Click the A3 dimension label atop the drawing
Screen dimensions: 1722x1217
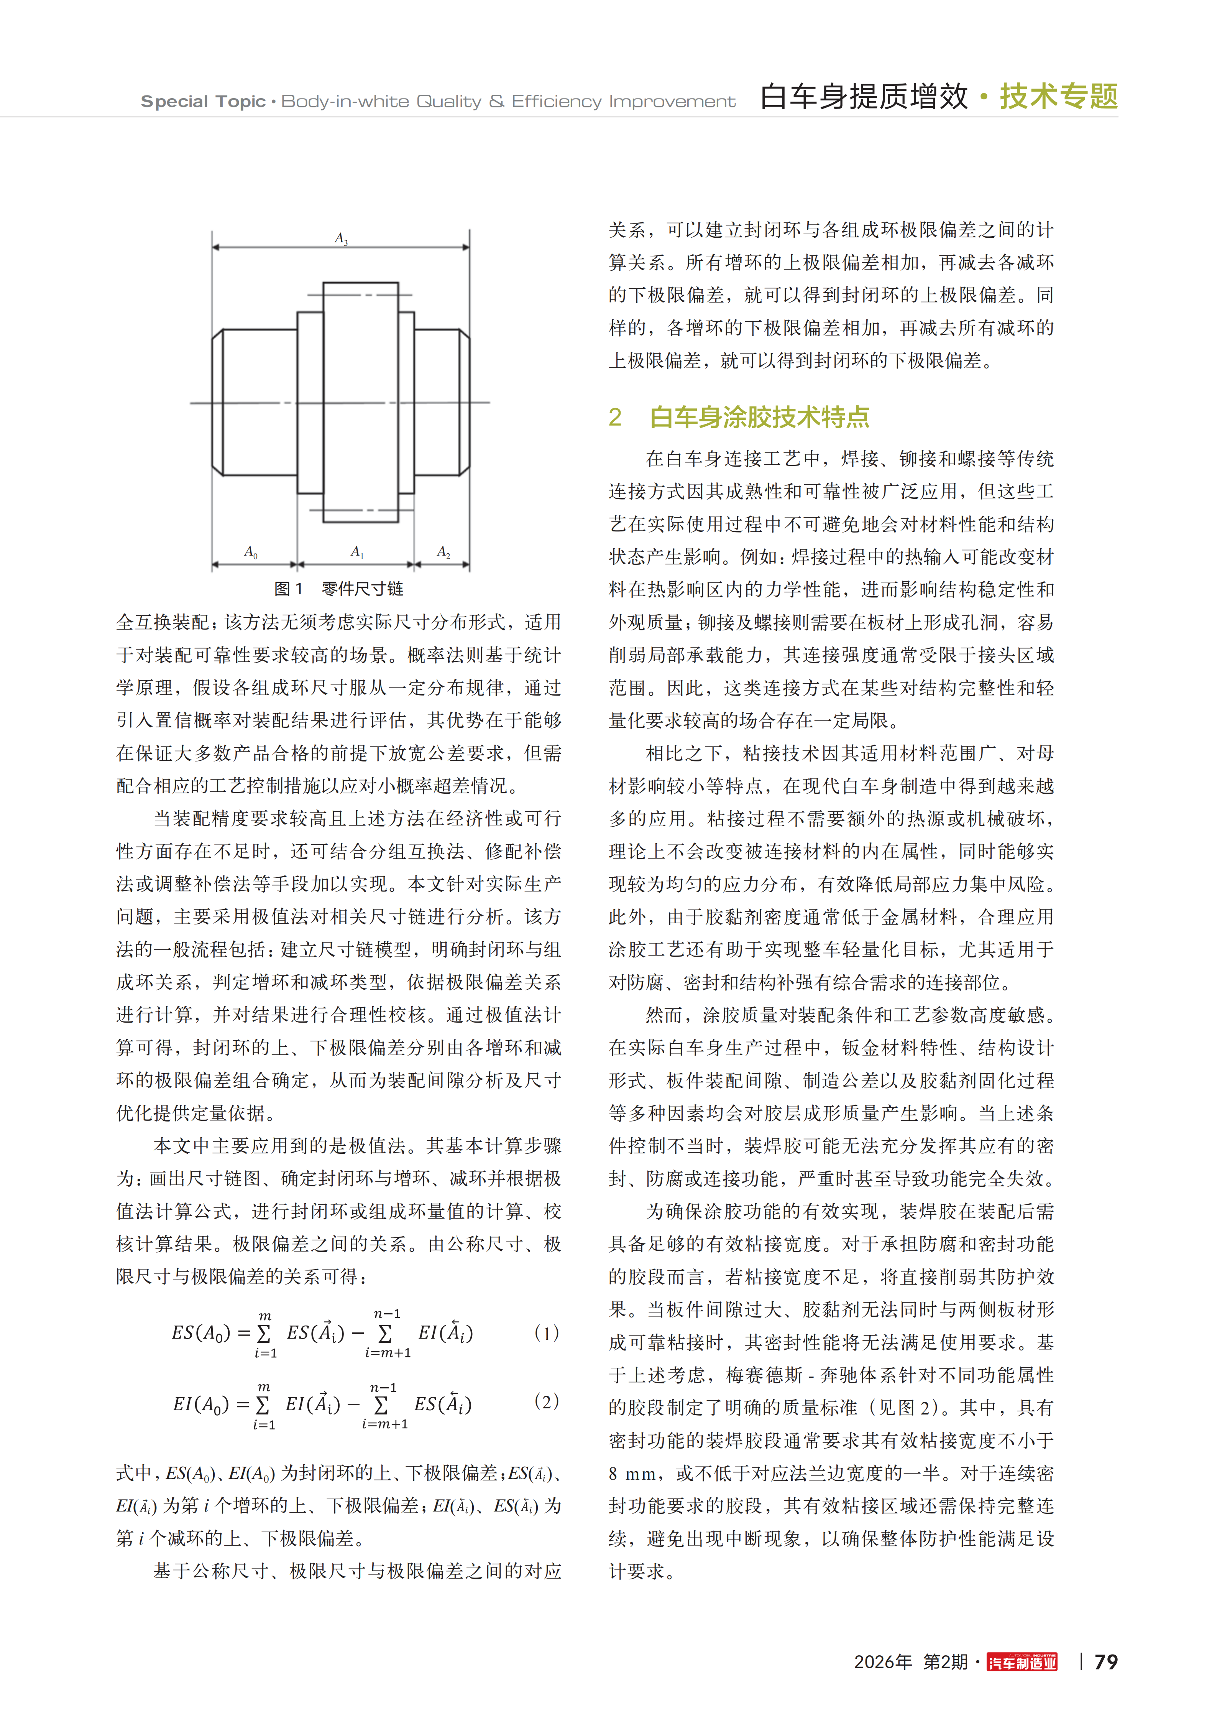pyautogui.click(x=341, y=238)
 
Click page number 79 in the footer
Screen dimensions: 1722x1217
pyautogui.click(x=1106, y=1662)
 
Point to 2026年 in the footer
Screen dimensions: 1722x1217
pyautogui.click(x=883, y=1662)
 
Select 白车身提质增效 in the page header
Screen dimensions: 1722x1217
pyautogui.click(x=864, y=97)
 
